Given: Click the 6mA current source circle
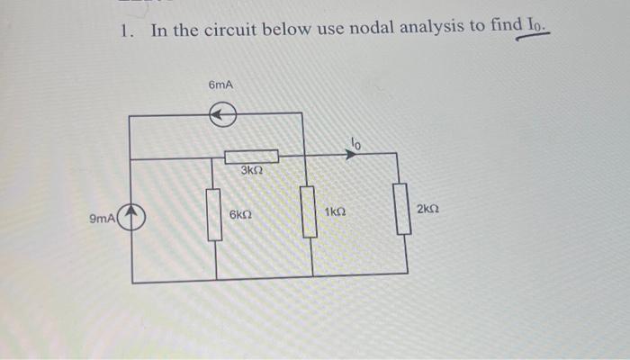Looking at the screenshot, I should (x=223, y=114).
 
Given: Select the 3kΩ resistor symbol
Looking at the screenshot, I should (x=251, y=157).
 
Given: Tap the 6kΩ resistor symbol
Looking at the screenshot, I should (x=215, y=215).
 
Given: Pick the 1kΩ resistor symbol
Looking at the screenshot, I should (x=309, y=211).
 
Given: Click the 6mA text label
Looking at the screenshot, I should (x=220, y=85).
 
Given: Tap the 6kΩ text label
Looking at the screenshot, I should (x=240, y=216).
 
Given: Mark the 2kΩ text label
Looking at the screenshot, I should (x=428, y=209).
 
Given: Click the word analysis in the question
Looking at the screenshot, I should (x=423, y=29).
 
